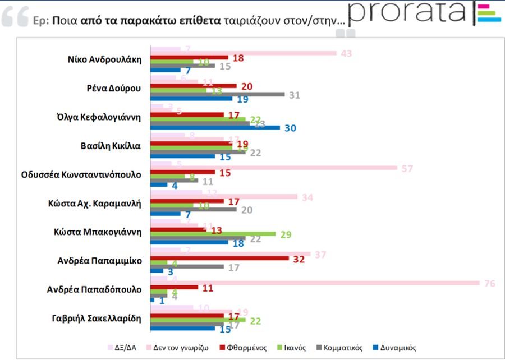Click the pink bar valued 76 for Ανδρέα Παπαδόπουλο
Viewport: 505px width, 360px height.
click(314, 283)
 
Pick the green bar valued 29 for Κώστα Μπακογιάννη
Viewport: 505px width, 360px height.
click(213, 234)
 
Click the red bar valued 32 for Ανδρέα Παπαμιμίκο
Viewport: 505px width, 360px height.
click(219, 259)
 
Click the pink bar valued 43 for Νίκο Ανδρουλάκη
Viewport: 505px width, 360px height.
click(244, 53)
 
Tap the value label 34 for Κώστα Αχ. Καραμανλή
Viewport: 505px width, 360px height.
click(307, 197)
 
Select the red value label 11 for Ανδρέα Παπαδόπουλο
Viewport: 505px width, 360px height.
click(208, 288)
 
